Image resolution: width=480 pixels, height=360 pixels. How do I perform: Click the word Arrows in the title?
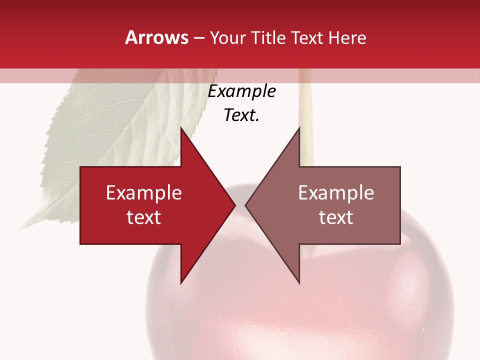[x=157, y=37]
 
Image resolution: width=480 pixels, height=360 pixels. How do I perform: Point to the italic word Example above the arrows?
[x=242, y=91]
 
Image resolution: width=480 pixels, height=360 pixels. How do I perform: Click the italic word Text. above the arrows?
[x=242, y=115]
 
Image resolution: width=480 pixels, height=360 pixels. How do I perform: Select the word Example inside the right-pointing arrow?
[x=144, y=193]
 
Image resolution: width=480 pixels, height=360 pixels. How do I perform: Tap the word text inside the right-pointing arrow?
[x=144, y=217]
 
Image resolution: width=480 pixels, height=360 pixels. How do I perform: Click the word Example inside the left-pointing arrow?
[x=336, y=193]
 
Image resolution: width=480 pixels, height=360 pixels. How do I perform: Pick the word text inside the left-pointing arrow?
[x=336, y=217]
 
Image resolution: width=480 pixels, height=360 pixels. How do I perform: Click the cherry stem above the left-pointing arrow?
[x=306, y=130]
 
